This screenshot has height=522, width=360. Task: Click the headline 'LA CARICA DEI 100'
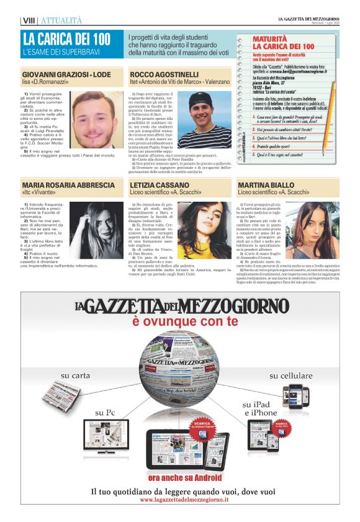pyautogui.click(x=66, y=39)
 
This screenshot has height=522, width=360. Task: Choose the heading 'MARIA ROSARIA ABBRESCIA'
pyautogui.click(x=68, y=186)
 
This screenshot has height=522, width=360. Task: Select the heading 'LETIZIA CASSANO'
pyautogui.click(x=160, y=186)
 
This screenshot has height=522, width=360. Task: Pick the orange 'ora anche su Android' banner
pyautogui.click(x=184, y=477)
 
